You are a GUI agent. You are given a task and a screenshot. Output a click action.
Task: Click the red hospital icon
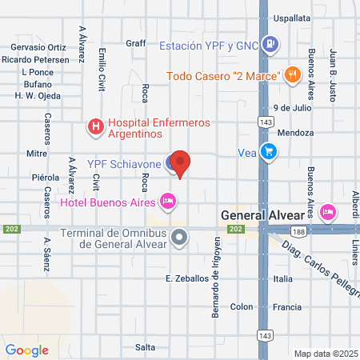tap(95, 126)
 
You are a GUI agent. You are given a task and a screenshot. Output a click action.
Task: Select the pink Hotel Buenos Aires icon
tap(167, 199)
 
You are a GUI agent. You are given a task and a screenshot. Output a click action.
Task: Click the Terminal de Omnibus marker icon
tap(180, 237)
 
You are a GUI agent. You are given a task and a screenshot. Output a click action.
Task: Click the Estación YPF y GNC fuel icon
tap(270, 45)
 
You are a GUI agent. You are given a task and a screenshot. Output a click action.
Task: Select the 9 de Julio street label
tap(290, 106)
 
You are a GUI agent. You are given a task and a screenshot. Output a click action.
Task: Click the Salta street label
tap(145, 346)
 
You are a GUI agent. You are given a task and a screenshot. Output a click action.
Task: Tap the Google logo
tap(27, 350)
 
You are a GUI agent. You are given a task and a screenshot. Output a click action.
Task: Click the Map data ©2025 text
tap(326, 353)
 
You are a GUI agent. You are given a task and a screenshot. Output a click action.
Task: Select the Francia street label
tap(286, 306)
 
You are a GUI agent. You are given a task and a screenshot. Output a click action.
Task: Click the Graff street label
tap(135, 43)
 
